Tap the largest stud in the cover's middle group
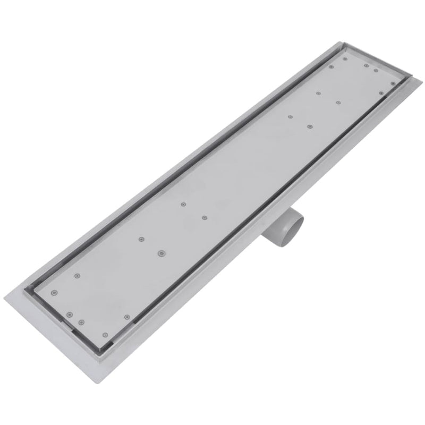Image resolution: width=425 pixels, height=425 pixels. (x=160, y=253)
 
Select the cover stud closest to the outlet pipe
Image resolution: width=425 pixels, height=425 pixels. (x=203, y=217)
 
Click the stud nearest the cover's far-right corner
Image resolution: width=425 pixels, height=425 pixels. (x=393, y=83)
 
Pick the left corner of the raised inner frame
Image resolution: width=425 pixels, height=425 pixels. (x=25, y=290)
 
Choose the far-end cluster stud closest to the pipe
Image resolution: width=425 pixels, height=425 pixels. (x=310, y=126)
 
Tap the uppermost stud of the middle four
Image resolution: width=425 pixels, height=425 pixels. (x=183, y=204)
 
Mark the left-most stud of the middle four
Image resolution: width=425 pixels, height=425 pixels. (x=141, y=239)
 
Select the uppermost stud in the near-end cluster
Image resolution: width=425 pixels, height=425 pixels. (x=77, y=275)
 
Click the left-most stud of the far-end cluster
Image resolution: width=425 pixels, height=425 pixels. (x=290, y=116)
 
